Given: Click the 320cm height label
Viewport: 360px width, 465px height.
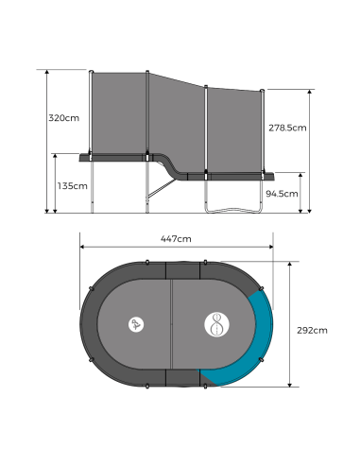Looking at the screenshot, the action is (x=63, y=118).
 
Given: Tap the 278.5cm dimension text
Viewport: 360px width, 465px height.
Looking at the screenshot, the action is (x=287, y=128).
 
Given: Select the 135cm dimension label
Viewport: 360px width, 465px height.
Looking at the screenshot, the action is (x=72, y=186).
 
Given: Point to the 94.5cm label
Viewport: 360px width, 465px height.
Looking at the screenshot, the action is (x=282, y=194).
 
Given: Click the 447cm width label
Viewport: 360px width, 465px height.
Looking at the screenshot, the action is (x=176, y=239).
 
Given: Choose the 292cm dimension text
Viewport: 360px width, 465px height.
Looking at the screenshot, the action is (x=312, y=331).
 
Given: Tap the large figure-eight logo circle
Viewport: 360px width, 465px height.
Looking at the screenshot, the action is (x=216, y=324).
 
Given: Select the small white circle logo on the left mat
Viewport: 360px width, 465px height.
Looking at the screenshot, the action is (x=136, y=324).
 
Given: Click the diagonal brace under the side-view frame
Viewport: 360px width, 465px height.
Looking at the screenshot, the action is (x=163, y=188).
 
